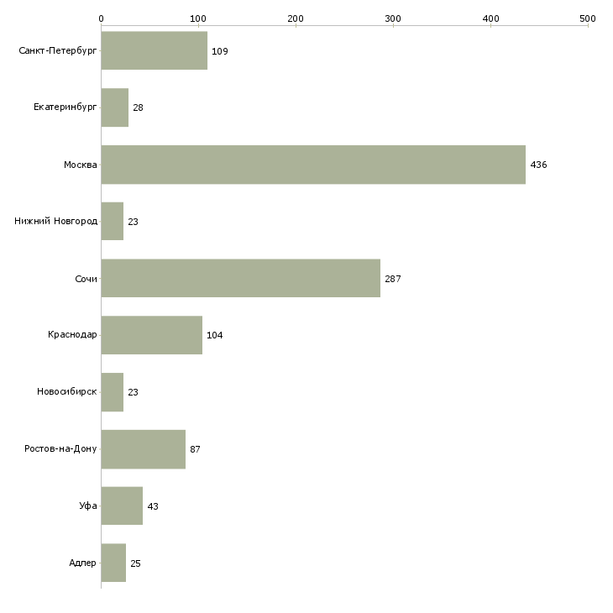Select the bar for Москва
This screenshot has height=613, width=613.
(313, 165)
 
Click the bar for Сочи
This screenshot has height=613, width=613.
(241, 278)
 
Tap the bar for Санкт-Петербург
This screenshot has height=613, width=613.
(155, 50)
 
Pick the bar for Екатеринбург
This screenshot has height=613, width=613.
(115, 107)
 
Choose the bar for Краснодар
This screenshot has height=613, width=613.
(152, 335)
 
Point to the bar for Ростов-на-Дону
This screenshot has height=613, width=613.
(144, 449)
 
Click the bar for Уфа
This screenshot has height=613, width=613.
(122, 506)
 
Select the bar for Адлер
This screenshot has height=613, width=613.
(113, 563)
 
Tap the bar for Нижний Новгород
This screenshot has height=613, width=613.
(113, 222)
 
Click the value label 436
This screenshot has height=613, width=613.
(538, 165)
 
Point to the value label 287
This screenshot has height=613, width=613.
(393, 279)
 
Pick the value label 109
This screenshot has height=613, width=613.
(220, 51)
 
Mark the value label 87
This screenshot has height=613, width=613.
(195, 449)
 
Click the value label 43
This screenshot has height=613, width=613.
(153, 506)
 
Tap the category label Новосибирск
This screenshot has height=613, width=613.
(67, 391)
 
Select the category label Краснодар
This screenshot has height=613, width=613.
(72, 335)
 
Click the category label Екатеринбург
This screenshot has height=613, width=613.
(65, 107)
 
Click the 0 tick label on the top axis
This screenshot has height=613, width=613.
(102, 18)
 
